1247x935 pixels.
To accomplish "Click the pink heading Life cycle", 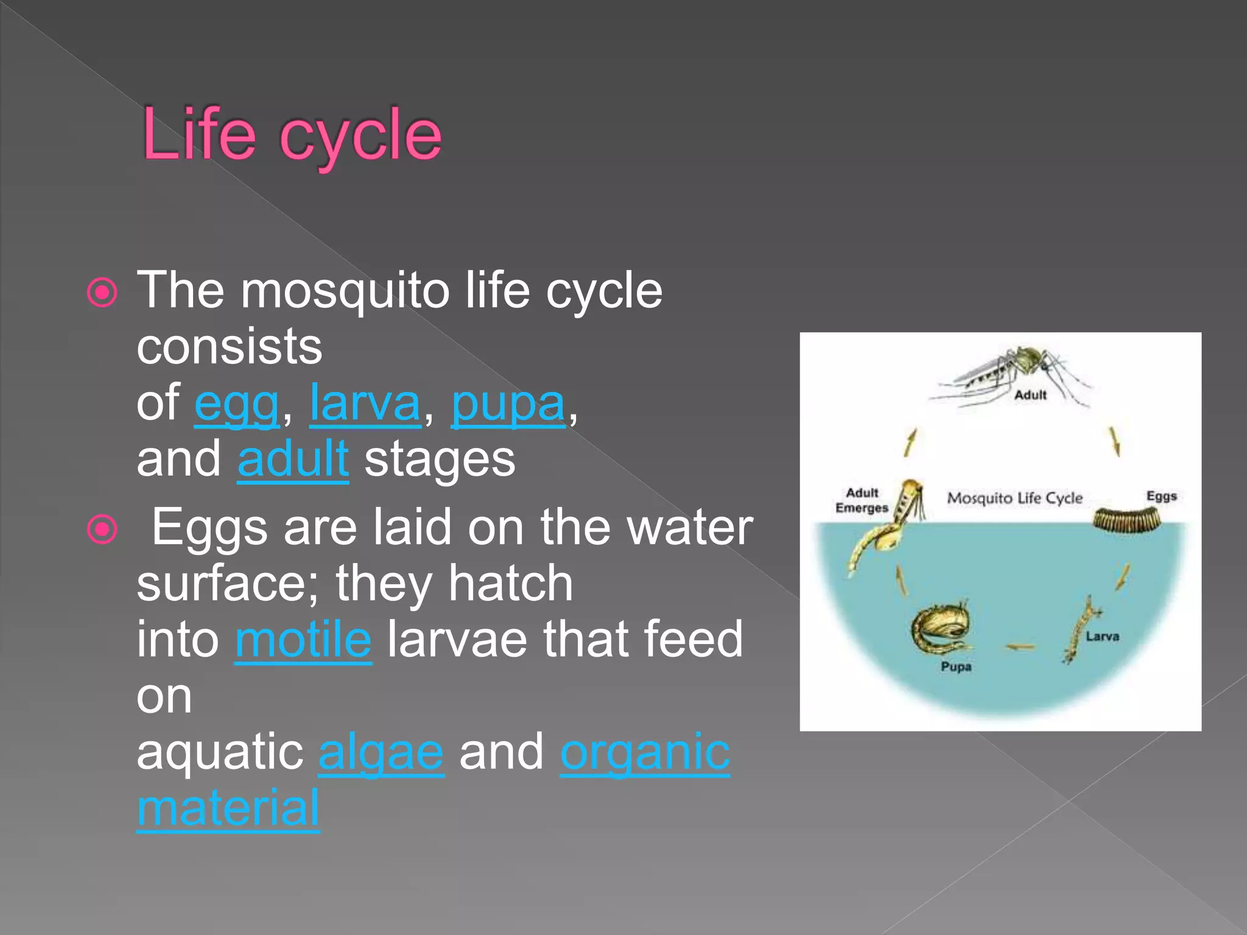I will (x=291, y=135).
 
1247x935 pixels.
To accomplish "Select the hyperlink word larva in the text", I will (x=365, y=403).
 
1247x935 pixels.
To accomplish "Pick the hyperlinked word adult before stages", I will (x=293, y=459).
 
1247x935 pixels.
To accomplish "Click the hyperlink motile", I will (x=303, y=639).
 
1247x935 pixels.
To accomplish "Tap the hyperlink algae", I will (x=381, y=752).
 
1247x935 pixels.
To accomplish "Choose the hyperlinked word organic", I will (x=645, y=752).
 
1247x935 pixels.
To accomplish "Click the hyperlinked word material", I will (x=228, y=808).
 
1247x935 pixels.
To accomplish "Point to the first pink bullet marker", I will (x=102, y=293).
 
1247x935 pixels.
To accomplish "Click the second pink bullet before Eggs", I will (x=102, y=529).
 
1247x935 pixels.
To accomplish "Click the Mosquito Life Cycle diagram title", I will (x=1015, y=498).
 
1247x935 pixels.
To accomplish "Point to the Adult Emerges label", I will (x=862, y=500).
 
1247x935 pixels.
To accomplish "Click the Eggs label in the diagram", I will (x=1161, y=496).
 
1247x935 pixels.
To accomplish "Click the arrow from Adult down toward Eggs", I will (x=1115, y=441).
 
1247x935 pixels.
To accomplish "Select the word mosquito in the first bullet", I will (x=345, y=292).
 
